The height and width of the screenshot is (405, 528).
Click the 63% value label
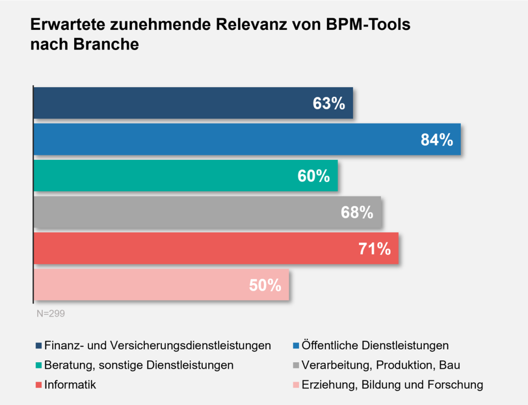[x=328, y=104]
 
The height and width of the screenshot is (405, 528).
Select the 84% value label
[x=436, y=140]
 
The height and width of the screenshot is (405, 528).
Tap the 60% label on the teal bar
[x=313, y=176]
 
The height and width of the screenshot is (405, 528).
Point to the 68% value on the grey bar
[x=357, y=212]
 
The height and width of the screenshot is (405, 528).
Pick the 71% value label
[x=374, y=249]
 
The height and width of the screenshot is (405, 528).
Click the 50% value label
[x=265, y=285]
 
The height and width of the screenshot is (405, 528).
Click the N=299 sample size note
[x=51, y=313]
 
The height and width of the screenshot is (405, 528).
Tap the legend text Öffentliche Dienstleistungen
[x=375, y=345]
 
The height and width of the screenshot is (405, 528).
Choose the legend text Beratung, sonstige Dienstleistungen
[x=139, y=365]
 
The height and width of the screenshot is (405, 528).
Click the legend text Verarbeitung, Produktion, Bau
[x=381, y=365]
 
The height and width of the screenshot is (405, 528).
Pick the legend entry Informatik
[x=71, y=384]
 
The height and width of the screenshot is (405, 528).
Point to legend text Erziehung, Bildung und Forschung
[x=392, y=384]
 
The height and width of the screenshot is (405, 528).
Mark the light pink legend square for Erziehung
[x=295, y=384]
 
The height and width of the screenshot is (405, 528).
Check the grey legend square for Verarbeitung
[x=295, y=365]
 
